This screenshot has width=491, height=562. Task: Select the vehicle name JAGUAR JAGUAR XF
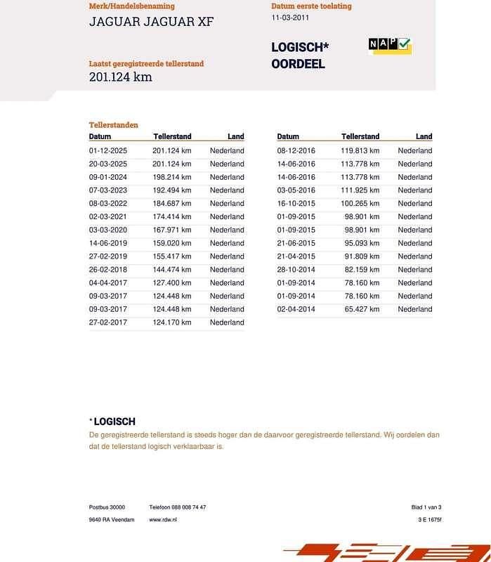151,22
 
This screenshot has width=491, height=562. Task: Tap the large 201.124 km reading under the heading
120,77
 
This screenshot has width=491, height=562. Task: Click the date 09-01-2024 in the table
107,177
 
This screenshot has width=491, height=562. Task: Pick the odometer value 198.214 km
171,177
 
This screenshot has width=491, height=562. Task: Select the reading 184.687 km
171,204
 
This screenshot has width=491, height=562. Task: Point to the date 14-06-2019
107,243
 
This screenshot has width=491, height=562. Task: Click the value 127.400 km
171,283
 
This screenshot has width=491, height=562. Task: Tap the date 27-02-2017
107,323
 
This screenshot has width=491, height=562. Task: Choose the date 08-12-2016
296,151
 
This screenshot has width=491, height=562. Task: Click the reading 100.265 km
360,204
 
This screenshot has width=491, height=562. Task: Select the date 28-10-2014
296,270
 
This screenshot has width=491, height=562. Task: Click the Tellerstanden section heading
114,125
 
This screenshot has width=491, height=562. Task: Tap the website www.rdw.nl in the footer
163,520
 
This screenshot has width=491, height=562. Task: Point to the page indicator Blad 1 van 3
426,507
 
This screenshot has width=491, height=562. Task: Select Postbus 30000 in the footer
107,507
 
